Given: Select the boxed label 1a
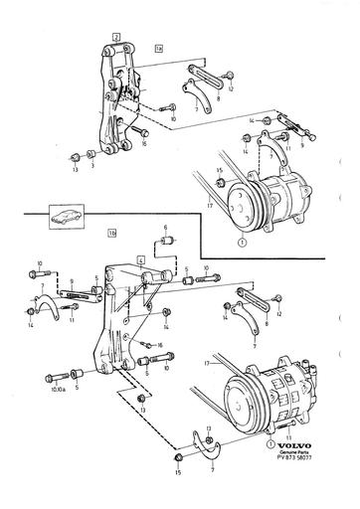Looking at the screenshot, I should (158, 47).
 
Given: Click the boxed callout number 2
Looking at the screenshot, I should (116, 36).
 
